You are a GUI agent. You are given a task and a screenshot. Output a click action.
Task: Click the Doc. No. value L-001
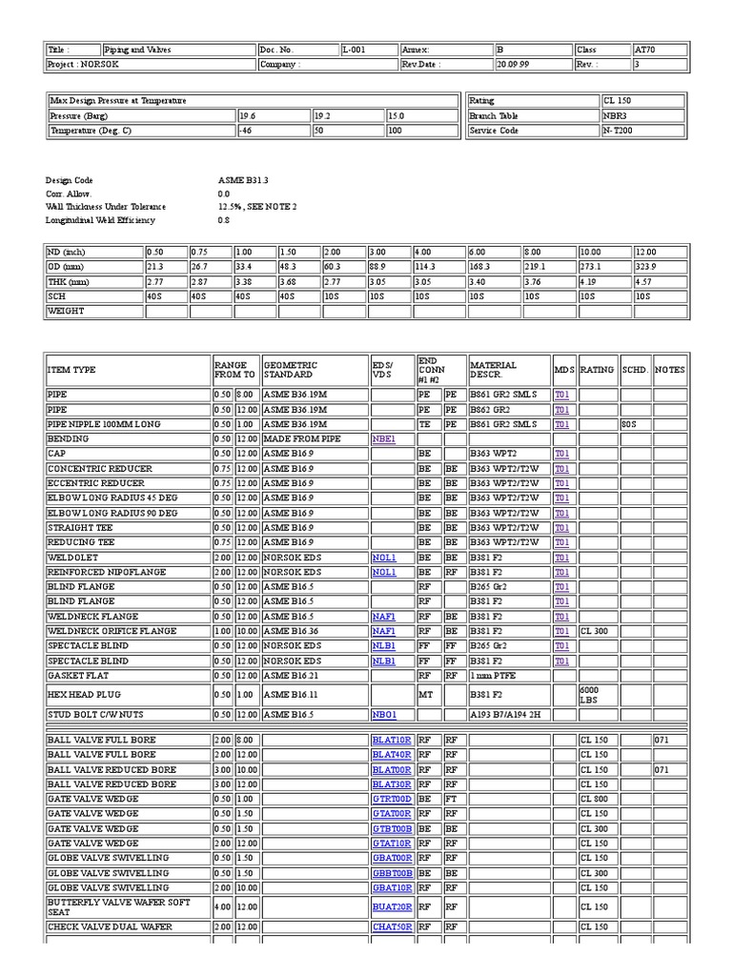(353, 50)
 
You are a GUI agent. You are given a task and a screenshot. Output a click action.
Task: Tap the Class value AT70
(645, 50)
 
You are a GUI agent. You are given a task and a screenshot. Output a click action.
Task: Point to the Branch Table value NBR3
(617, 115)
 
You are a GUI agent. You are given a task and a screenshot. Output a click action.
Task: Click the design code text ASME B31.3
(243, 180)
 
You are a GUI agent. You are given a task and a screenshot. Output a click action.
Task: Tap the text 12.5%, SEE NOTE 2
(257, 207)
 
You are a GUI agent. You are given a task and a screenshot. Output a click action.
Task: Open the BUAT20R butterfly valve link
(391, 907)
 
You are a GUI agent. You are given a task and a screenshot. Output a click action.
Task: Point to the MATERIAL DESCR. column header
(493, 370)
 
